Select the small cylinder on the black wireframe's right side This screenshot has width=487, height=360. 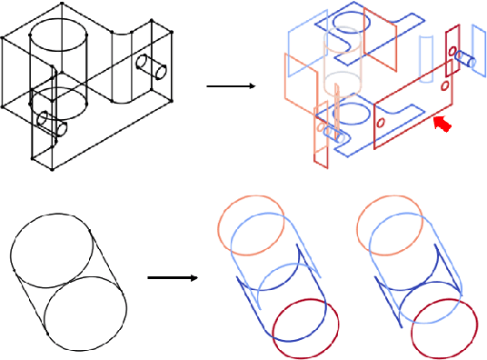pos(152,66)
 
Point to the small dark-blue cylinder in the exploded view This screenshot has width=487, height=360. pos(466,59)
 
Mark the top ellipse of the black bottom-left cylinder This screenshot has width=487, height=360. pos(50,245)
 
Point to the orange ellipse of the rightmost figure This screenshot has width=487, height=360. pos(390,222)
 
